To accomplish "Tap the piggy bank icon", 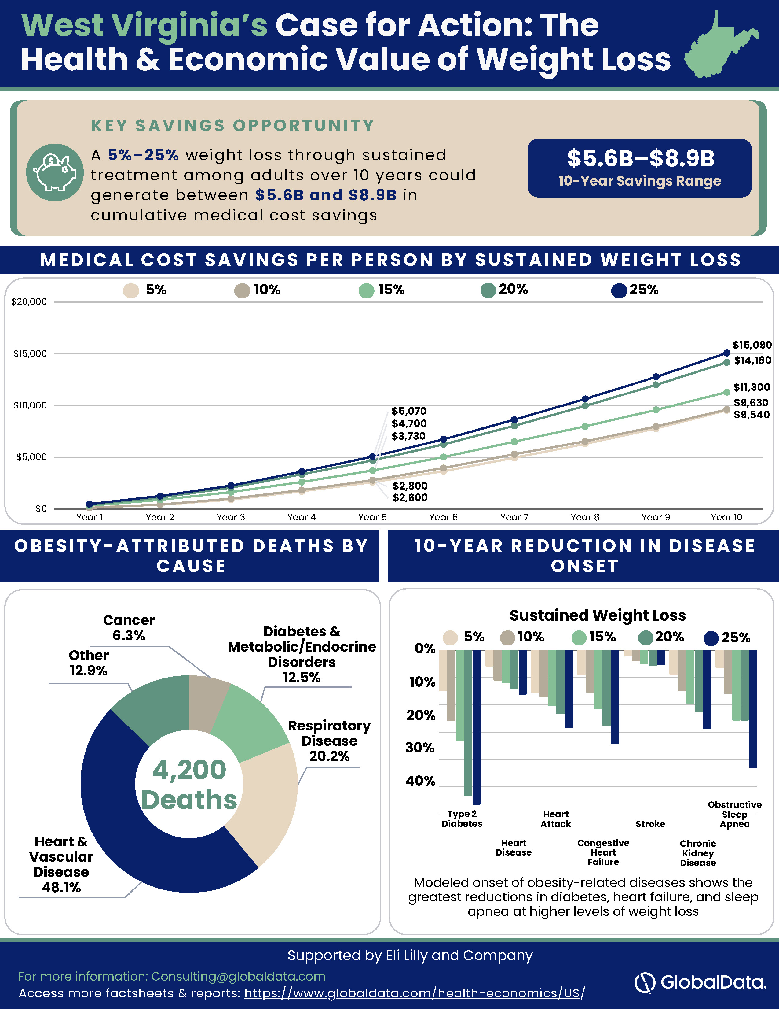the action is tap(55, 172).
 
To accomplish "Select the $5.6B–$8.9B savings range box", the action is tap(640, 168).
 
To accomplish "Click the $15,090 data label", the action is tap(752, 345).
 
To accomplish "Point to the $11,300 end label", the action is tap(752, 387).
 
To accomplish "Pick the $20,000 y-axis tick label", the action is tap(29, 302).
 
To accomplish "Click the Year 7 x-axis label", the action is tap(514, 517).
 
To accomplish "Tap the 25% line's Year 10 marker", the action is tap(726, 353).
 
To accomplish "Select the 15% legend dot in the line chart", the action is tap(366, 290).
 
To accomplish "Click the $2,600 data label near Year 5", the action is tap(410, 497).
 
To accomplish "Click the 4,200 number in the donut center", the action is tap(189, 770).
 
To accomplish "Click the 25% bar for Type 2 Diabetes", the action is tap(477, 727).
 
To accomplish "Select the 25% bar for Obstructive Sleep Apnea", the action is tap(753, 709).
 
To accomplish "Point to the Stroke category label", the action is tap(650, 824).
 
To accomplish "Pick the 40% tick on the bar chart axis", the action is tap(420, 781).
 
